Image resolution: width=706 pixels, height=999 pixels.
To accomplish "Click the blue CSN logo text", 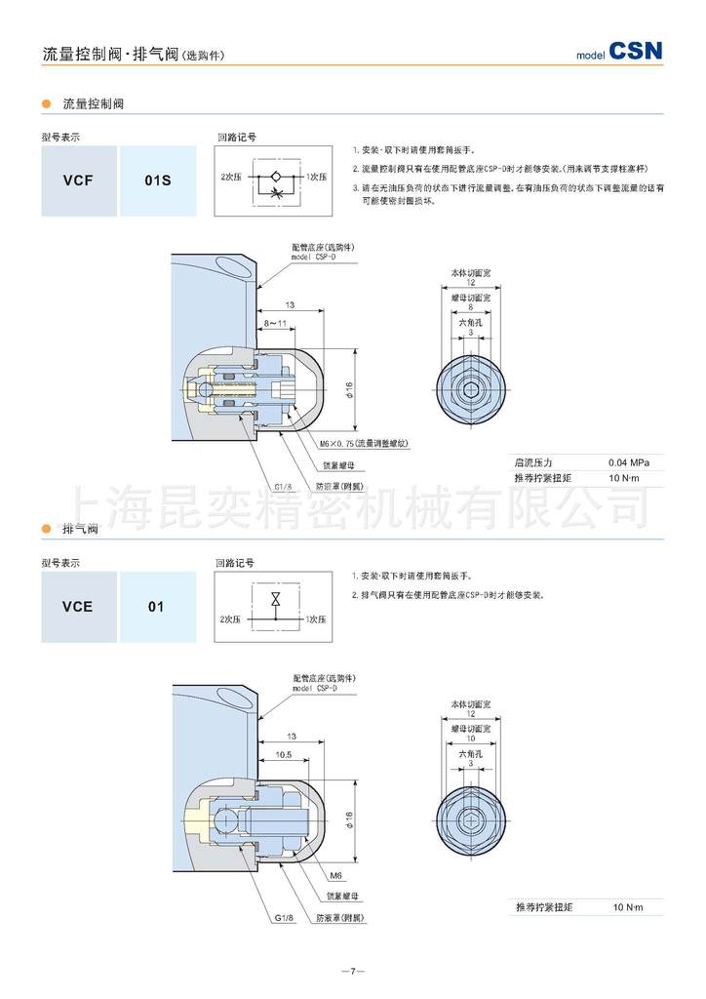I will [635, 51].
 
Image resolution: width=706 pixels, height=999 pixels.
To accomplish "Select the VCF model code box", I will [78, 180].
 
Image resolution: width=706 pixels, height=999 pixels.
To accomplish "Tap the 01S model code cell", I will [157, 180].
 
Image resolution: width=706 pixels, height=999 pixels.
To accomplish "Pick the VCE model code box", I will [78, 606].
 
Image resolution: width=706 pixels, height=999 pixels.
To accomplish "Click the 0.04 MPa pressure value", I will [628, 461].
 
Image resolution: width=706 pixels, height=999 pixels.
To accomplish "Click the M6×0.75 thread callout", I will [364, 443].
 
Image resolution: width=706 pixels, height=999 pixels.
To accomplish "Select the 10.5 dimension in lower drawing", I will [285, 754].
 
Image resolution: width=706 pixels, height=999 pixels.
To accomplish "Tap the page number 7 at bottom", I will [353, 971].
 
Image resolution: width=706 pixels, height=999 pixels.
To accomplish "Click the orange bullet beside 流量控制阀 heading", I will [45, 102].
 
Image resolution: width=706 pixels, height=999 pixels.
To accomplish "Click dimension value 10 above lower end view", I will [470, 739].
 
